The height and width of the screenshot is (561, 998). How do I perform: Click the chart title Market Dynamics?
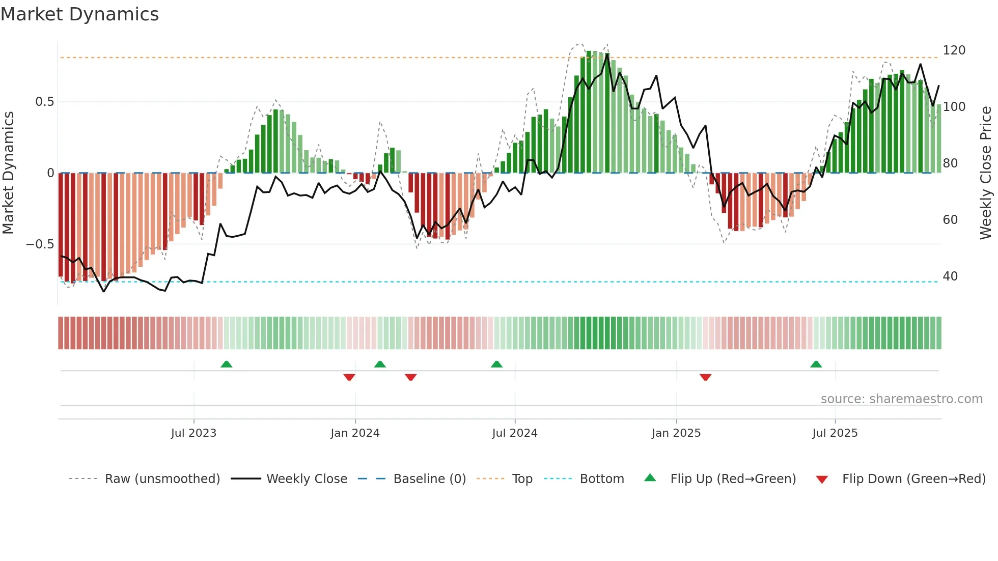(x=80, y=14)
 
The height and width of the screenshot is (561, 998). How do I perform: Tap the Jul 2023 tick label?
(x=193, y=433)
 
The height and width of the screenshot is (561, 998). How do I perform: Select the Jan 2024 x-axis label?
(x=355, y=433)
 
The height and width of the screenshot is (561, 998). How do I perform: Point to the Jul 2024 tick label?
(x=515, y=433)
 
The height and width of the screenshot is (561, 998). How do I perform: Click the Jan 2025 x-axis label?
(x=676, y=433)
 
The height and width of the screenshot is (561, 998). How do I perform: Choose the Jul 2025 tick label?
(x=835, y=433)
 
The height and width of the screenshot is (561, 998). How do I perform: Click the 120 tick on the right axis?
(x=954, y=50)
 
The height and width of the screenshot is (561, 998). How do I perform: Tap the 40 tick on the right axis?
(x=950, y=276)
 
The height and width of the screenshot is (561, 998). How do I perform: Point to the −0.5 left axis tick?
(x=40, y=244)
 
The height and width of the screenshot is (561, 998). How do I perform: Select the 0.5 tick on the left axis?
(x=44, y=102)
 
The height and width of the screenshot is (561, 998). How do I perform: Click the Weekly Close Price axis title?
(x=986, y=173)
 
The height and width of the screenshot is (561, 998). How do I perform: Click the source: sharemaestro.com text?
(x=901, y=399)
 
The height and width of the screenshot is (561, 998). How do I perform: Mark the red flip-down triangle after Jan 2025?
(x=705, y=377)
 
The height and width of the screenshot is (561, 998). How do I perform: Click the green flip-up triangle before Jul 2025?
(x=816, y=364)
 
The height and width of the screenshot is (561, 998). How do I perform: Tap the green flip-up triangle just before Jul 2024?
(x=496, y=364)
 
